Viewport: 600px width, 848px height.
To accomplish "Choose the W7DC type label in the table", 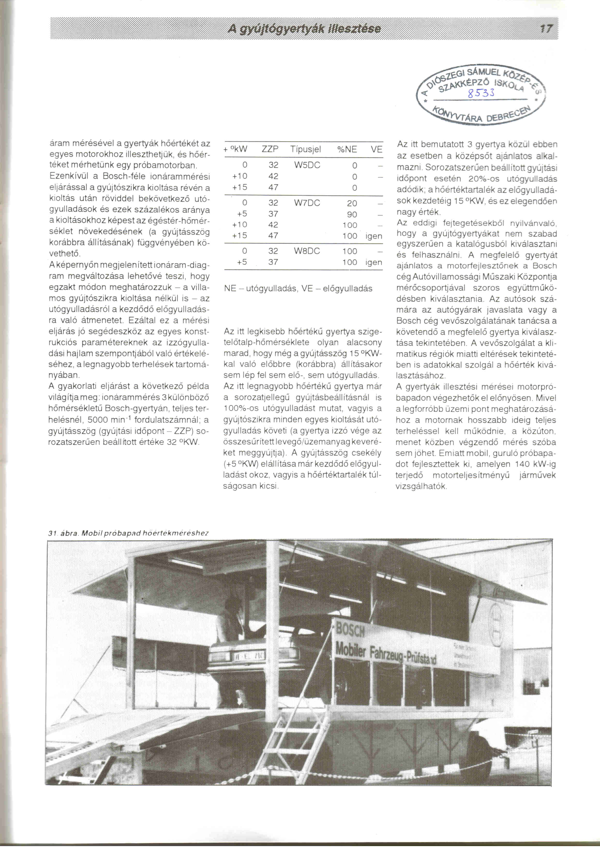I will [307, 203].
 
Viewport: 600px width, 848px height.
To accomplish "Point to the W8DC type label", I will [307, 251].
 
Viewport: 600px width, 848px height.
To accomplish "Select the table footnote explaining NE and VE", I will [298, 288].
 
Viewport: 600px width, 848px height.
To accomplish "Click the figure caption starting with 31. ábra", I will [128, 533].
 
